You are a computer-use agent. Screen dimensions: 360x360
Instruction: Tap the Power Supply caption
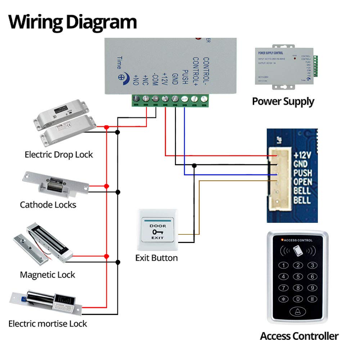coord(283,101)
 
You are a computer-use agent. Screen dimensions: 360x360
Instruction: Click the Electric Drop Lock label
coord(59,155)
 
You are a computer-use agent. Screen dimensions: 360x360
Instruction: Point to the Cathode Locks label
coord(48,205)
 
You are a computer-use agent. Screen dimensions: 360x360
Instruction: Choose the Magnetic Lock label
coord(48,275)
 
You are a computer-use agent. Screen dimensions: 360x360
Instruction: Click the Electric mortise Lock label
coord(48,324)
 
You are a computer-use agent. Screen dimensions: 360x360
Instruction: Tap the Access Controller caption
coord(299,336)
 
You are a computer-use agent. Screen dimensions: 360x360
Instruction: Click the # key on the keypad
coord(312,299)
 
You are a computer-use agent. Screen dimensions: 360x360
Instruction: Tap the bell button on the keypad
coord(298,312)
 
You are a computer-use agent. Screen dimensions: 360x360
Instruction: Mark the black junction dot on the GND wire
coord(194,166)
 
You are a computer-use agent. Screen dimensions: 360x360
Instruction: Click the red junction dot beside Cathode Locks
coord(106,186)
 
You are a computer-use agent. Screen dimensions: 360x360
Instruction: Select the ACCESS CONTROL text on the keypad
coord(298,240)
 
